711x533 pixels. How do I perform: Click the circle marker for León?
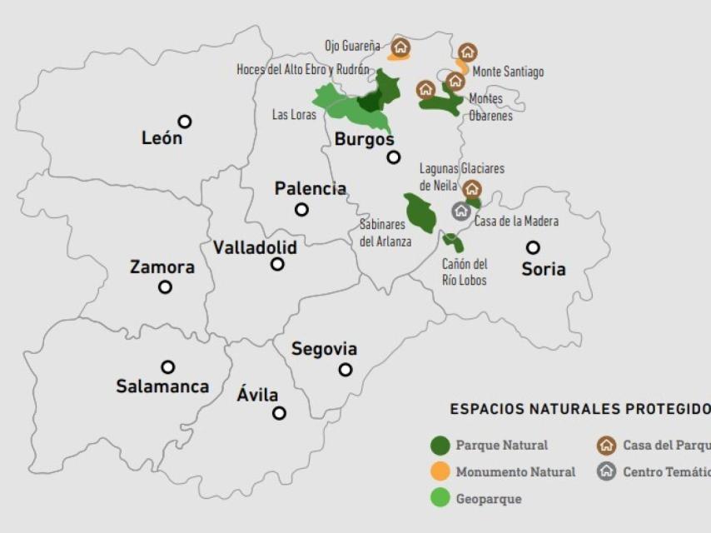185,122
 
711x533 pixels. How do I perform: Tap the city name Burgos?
364,139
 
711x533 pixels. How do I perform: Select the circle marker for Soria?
533,247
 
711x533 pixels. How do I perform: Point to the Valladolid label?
255,247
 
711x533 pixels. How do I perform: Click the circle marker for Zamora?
166,287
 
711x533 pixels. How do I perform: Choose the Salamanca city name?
162,386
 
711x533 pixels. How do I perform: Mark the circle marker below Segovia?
346,370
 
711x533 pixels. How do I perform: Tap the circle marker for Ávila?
280,413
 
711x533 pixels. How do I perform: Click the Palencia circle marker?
302,210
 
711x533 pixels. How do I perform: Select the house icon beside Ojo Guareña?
401,47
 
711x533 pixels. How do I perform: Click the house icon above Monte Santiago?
468,52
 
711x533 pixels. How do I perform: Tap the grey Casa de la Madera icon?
461,211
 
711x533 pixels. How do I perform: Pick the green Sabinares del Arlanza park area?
420,213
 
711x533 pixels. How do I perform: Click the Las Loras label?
294,115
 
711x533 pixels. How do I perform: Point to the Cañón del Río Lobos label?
465,272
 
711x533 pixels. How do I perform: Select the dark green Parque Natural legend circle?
440,446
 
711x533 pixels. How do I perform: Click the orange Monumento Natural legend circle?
440,472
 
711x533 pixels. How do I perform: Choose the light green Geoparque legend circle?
440,499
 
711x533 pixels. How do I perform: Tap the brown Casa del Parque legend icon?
607,446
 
